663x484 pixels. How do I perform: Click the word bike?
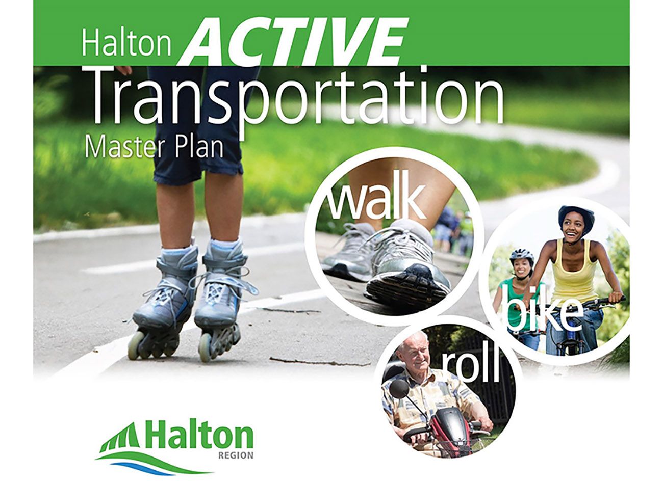pos(543,312)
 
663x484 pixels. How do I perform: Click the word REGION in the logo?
pos(236,455)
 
